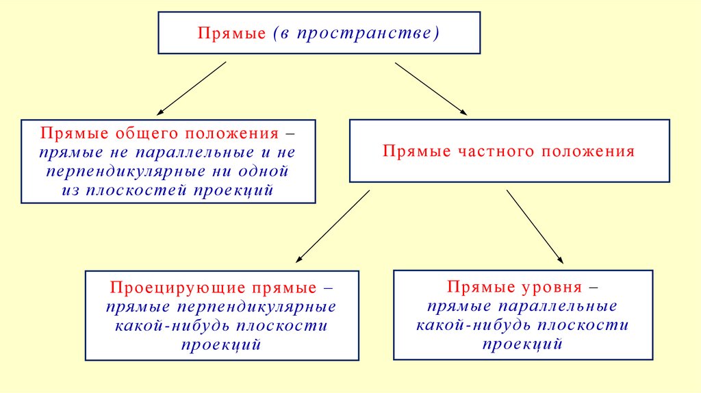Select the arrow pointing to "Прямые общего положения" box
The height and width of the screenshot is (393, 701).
pyautogui.click(x=191, y=88)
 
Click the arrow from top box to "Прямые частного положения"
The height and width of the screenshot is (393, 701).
pyautogui.click(x=431, y=88)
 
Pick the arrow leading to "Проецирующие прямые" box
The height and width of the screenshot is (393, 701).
pyautogui.click(x=333, y=226)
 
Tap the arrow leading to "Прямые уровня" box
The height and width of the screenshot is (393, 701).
pyautogui.click(x=535, y=226)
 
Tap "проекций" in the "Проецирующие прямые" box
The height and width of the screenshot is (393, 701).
pyautogui.click(x=221, y=344)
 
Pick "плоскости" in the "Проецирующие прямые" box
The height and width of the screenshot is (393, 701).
pyautogui.click(x=287, y=325)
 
